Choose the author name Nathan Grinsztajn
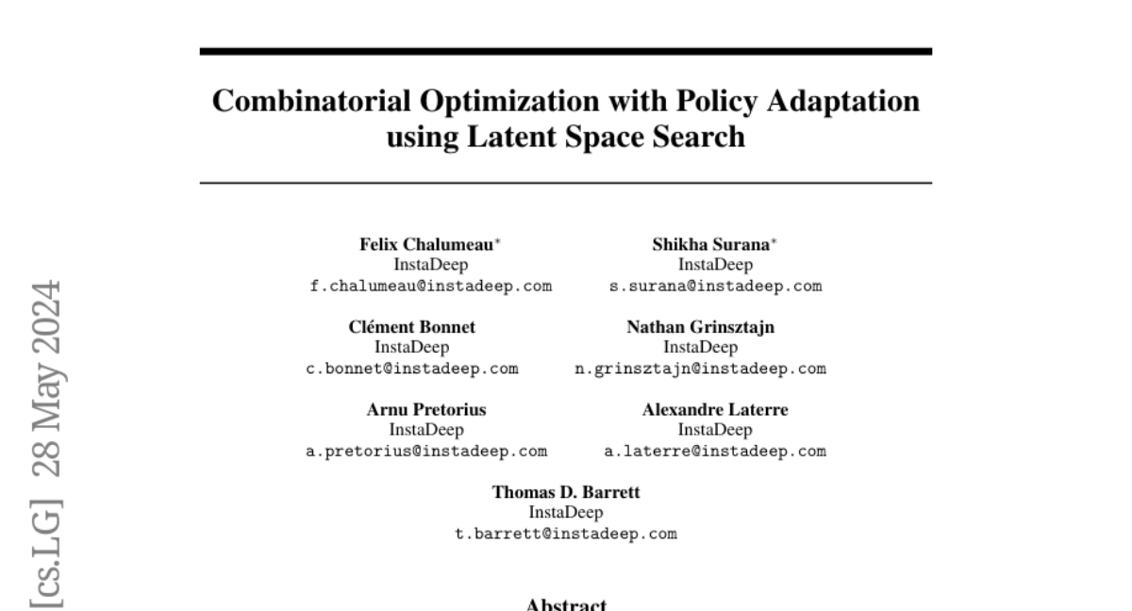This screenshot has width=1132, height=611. [701, 327]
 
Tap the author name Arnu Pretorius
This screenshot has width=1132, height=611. [426, 409]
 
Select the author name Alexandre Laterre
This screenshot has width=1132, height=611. [715, 409]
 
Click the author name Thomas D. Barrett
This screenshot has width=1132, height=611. [566, 492]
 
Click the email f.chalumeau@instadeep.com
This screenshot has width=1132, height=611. [431, 286]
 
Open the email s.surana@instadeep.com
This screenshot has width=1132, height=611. [716, 286]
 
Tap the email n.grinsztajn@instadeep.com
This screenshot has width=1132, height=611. [701, 368]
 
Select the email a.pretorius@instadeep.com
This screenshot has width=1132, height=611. [426, 451]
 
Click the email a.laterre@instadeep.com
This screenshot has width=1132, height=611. [715, 451]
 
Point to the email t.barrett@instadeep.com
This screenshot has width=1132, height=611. [566, 534]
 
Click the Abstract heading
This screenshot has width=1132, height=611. [566, 603]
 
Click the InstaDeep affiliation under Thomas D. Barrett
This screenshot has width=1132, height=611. [566, 513]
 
